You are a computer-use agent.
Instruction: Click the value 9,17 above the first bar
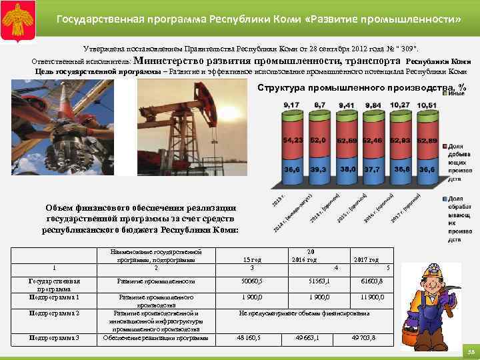291,105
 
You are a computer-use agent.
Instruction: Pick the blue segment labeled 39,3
319,169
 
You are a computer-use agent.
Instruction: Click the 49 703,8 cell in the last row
363,338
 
